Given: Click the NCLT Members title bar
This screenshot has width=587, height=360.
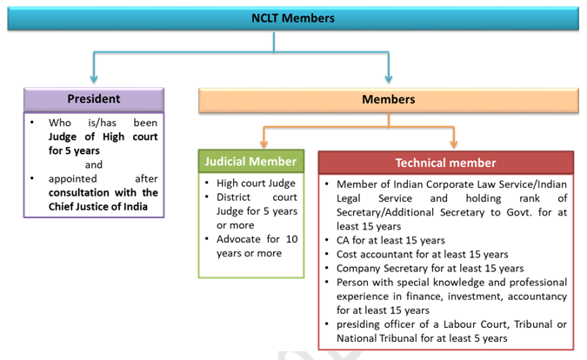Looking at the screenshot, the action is tap(293, 18).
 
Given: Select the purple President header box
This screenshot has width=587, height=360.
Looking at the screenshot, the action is tap(94, 99).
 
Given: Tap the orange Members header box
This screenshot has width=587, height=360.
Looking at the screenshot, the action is tap(389, 99).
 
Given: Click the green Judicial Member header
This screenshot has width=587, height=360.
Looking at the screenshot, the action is tap(250, 161).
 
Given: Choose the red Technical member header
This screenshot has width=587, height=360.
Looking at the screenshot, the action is tap(445, 163).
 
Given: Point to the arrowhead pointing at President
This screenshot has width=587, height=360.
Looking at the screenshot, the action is tap(94, 78).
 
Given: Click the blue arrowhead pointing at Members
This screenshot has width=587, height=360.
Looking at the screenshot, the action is tap(389, 78).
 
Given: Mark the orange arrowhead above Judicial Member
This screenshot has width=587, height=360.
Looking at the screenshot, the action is tap(263, 143).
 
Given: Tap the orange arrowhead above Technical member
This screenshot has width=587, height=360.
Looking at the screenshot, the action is tap(454, 143).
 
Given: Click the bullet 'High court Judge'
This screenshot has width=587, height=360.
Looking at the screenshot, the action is tap(256, 183).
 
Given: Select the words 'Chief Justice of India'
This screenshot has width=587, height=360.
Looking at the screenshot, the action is tap(98, 207).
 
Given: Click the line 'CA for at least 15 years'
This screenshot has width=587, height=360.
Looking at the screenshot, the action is tap(390, 240).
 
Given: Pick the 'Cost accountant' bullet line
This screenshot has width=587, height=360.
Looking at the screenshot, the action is tap(423, 255).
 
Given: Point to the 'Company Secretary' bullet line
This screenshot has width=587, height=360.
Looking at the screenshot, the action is tap(430, 269).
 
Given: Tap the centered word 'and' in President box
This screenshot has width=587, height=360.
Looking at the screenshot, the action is tap(94, 164).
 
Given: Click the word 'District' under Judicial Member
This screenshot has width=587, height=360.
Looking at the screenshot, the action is tap(233, 197).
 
